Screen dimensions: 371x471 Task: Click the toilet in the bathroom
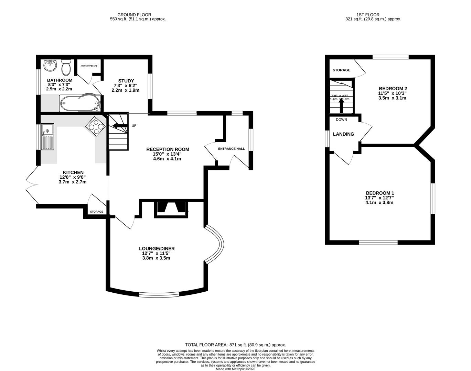click(x=66, y=67)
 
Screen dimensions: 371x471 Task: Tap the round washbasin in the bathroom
click(x=50, y=65)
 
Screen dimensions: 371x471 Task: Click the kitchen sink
click(x=47, y=137)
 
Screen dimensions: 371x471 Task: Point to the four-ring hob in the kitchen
click(x=96, y=126)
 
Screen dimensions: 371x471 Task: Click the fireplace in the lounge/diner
click(x=172, y=209)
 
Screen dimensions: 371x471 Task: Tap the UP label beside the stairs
click(x=134, y=126)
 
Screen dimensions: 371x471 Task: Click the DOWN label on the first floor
click(x=341, y=120)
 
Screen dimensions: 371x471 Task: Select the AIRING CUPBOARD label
click(x=89, y=66)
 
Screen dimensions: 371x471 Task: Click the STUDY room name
click(x=126, y=81)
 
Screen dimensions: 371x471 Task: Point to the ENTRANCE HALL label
click(x=231, y=149)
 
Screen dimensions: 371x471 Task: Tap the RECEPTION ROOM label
click(x=168, y=149)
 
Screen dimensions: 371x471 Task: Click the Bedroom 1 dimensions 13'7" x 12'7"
click(x=379, y=198)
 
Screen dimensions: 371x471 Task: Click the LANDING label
click(x=343, y=134)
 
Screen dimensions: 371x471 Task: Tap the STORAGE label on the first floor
click(x=341, y=70)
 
